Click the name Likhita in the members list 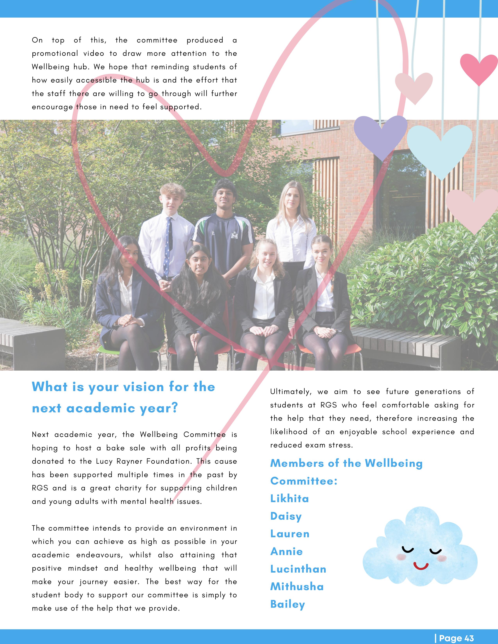coord(289,499)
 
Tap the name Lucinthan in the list coord(298,569)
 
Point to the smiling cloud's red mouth coord(421,566)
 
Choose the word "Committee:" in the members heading coord(303,481)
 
